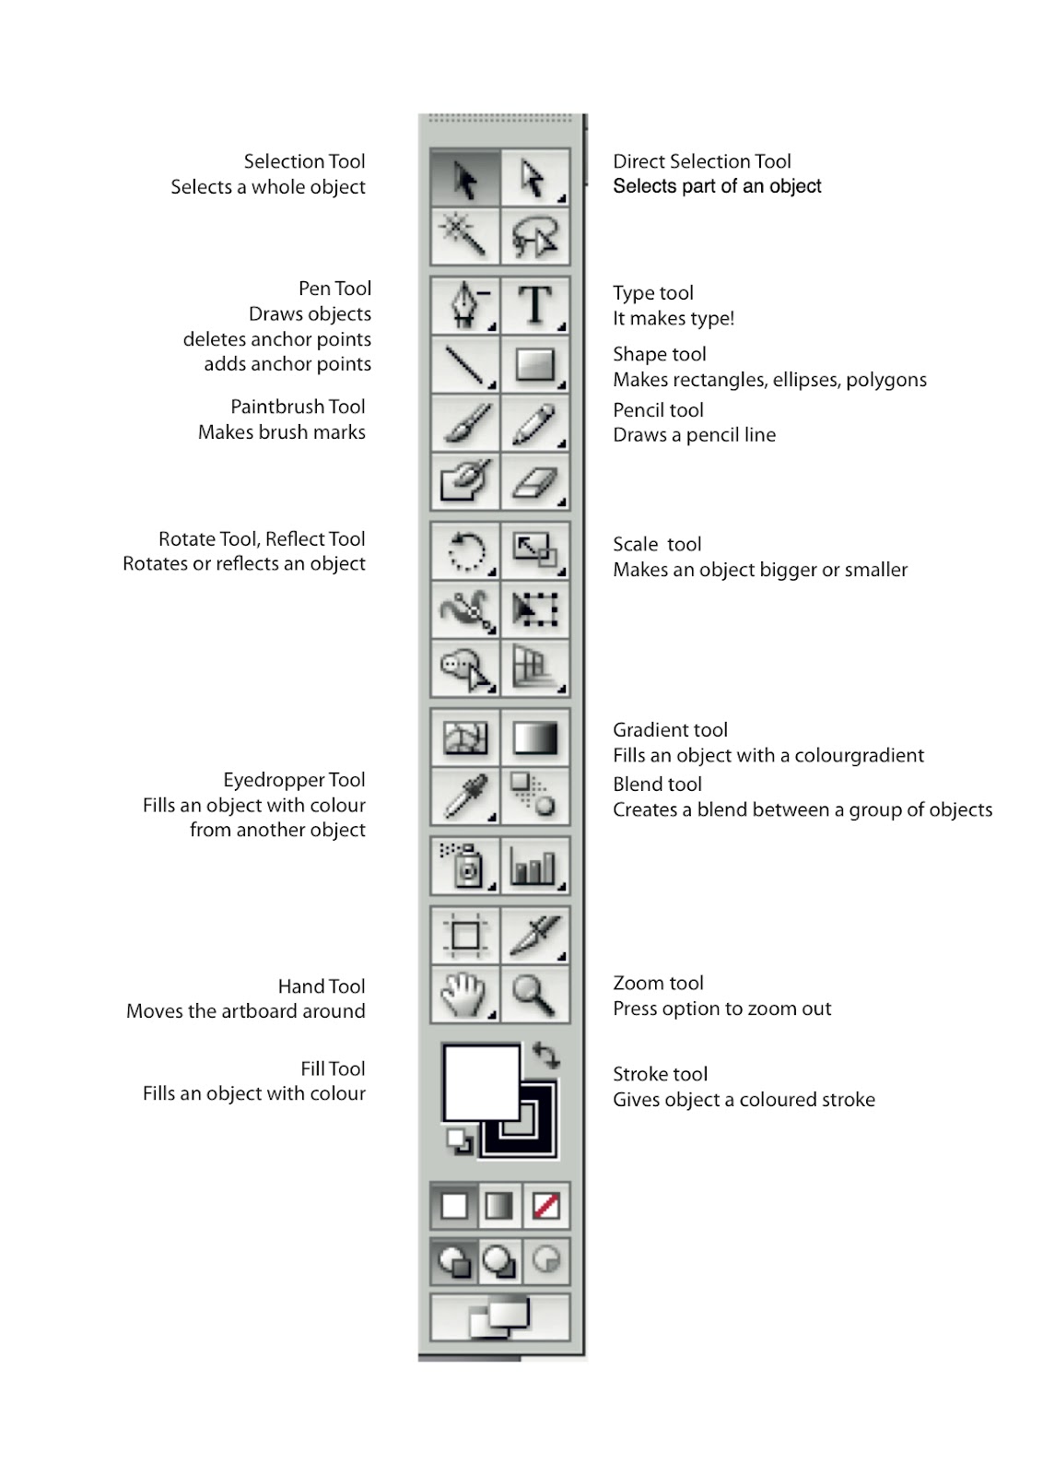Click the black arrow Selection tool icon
465,179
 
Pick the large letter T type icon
534,305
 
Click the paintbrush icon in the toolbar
465,424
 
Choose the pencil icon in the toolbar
534,424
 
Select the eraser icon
534,481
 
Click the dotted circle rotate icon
465,551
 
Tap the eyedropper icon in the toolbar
465,796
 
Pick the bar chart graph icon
534,867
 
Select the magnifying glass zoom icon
534,995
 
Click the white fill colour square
481,1080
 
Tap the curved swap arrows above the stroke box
546,1056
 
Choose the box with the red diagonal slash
546,1206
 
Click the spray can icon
465,867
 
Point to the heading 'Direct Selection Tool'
702,161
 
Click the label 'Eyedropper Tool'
294,780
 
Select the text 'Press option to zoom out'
721,1009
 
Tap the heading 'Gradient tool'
670,730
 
